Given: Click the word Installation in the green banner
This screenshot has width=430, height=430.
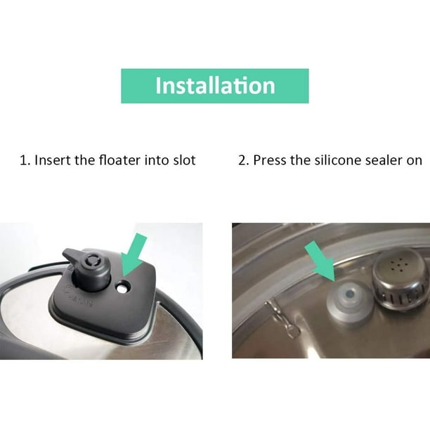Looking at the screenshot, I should [215, 86].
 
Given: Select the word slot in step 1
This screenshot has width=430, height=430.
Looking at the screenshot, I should [183, 160].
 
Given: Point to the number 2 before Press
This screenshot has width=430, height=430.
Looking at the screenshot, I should [242, 160].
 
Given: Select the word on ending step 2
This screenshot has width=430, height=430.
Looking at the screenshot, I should [415, 160].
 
